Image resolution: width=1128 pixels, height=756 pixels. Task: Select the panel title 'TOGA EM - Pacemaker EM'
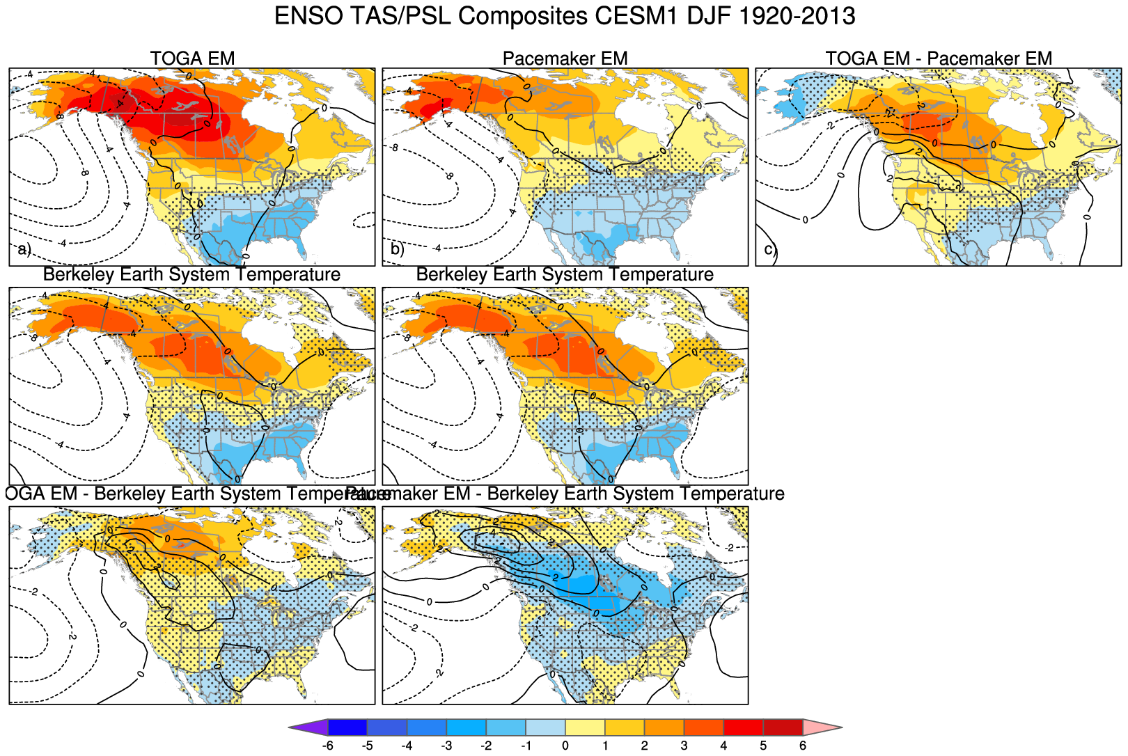[x=939, y=58]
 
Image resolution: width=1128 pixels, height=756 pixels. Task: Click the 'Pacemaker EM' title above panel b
[x=565, y=58]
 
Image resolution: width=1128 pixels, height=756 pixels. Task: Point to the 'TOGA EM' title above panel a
[x=192, y=58]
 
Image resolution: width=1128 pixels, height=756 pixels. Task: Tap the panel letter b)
[x=397, y=249]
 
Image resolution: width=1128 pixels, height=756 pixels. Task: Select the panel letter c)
[x=769, y=249]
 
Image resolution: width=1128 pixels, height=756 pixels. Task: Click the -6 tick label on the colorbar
[x=327, y=746]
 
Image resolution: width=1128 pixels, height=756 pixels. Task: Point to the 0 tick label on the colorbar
[x=565, y=746]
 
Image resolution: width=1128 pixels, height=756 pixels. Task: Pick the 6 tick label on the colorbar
[x=803, y=746]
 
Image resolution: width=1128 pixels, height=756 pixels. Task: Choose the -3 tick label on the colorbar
[x=446, y=746]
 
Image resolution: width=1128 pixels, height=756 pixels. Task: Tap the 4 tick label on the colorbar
[x=723, y=746]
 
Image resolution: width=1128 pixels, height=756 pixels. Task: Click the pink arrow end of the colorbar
[x=822, y=727]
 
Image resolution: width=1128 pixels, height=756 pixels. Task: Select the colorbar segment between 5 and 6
[x=783, y=727]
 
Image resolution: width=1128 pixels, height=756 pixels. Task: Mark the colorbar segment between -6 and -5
[x=347, y=727]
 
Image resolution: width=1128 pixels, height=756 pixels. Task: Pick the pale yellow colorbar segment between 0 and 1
[x=585, y=727]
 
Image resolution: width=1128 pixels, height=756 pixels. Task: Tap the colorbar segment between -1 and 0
[x=545, y=727]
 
